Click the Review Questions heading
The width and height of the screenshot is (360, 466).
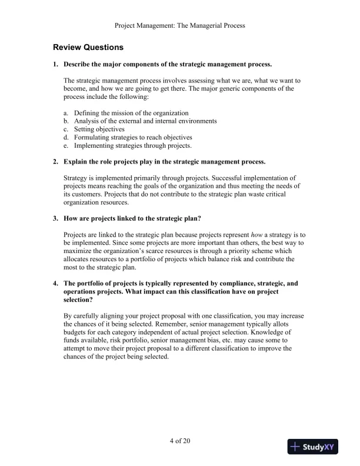[x=88, y=46]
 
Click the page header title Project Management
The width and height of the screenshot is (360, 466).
[x=179, y=25]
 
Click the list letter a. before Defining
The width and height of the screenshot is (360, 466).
[x=66, y=112]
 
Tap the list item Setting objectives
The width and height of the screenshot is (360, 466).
[x=99, y=129]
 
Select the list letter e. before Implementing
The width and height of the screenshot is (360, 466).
[x=66, y=145]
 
